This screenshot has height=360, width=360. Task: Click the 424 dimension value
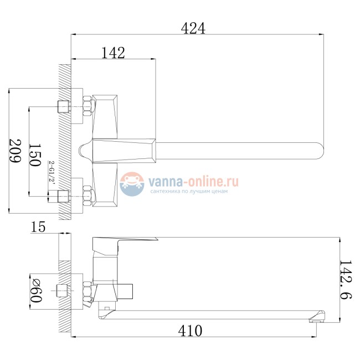point(193,29)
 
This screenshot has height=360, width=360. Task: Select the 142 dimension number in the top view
point(113,53)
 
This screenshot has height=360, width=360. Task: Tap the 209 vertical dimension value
point(15,151)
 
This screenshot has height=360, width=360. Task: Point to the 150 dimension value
point(35,155)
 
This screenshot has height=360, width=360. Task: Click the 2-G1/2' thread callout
point(52,172)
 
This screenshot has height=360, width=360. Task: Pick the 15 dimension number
point(38,227)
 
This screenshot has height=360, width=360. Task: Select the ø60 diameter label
point(36,291)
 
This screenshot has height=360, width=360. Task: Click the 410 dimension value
point(191,331)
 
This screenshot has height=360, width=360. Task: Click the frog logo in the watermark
point(132,184)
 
